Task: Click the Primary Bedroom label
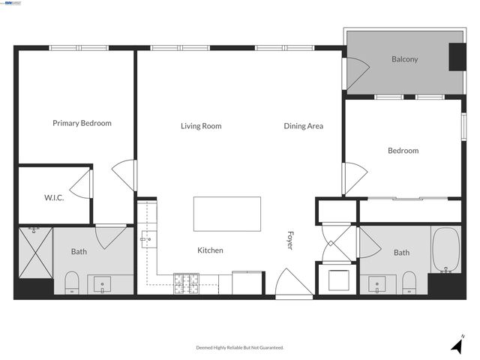(x=82, y=123)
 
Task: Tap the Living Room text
(x=201, y=126)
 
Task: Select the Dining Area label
(x=303, y=126)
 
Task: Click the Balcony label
(x=404, y=59)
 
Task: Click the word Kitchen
(x=210, y=250)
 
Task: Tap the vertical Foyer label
(x=290, y=240)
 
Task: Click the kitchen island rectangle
(x=227, y=214)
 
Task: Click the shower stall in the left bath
(x=35, y=251)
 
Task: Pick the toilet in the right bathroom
(x=409, y=283)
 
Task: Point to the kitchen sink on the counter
(x=147, y=240)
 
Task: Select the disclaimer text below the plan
(x=240, y=347)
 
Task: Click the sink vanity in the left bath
(x=100, y=283)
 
